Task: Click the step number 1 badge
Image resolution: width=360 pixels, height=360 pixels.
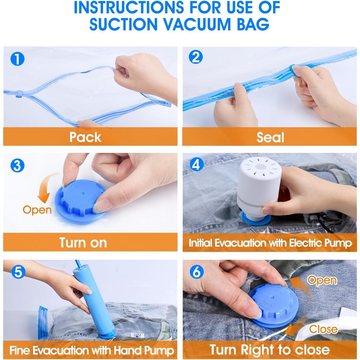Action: pos(18,59)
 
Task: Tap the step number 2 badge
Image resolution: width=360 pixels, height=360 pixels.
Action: pos(196,57)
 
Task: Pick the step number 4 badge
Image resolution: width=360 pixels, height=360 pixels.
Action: pos(197,165)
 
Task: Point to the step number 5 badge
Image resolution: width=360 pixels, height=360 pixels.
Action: pos(18,272)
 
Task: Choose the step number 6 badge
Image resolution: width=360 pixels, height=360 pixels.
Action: pos(197,272)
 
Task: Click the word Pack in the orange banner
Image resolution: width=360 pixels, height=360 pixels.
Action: pos(85,137)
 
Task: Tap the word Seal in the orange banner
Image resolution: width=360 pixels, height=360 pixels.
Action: pos(270,137)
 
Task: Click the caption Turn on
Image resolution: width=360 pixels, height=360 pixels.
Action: pos(83,243)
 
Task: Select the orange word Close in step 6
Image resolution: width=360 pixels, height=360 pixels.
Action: pos(323,329)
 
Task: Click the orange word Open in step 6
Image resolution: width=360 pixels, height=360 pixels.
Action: pos(322,280)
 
